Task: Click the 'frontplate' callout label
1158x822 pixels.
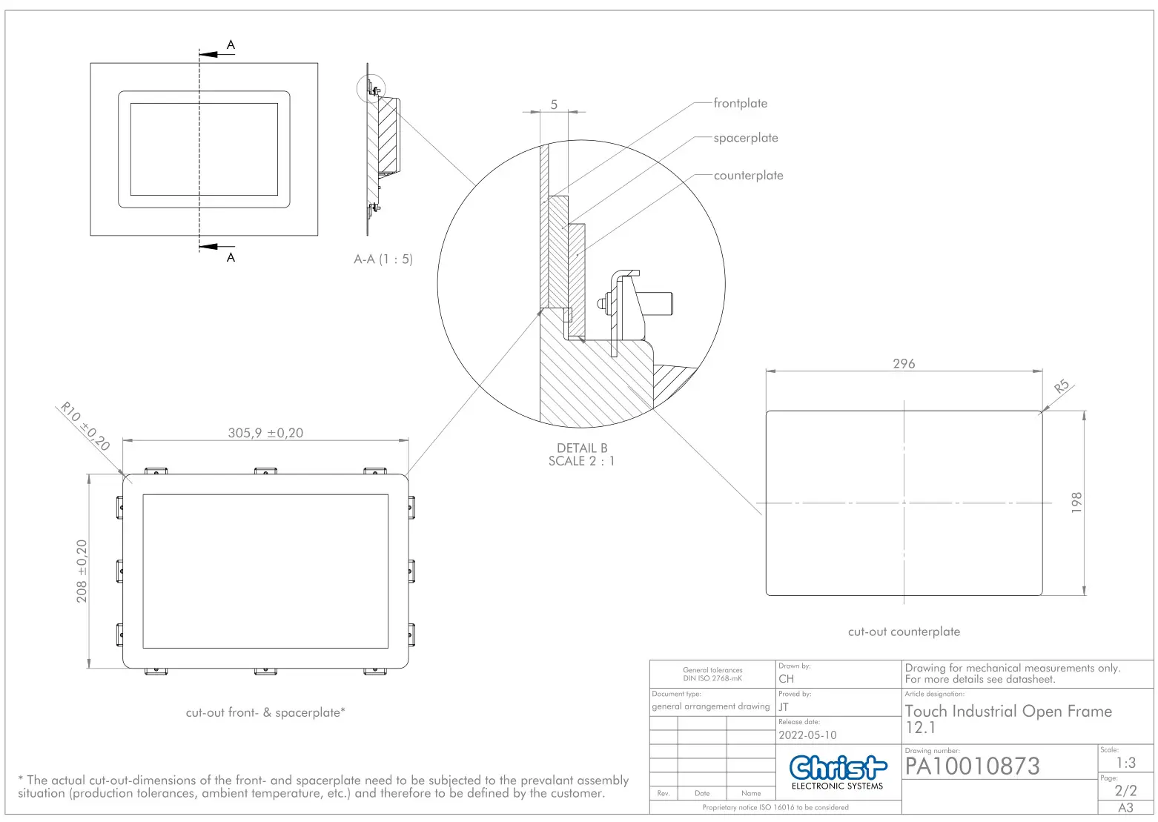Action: [x=740, y=104]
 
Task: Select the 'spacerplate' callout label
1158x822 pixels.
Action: [x=745, y=139]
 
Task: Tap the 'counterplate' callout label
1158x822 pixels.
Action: [x=748, y=176]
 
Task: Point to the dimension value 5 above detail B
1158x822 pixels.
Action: [x=554, y=105]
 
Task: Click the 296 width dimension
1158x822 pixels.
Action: [x=904, y=364]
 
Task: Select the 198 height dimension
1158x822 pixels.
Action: [x=1076, y=503]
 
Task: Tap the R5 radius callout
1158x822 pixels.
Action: [x=1062, y=387]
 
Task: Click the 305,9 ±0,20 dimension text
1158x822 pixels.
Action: [x=265, y=433]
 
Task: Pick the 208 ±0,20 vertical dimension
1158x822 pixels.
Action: [x=82, y=571]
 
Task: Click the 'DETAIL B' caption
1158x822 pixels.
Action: [x=582, y=448]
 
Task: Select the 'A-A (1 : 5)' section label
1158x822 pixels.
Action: [x=383, y=259]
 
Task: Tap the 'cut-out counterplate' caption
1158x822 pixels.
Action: [x=904, y=632]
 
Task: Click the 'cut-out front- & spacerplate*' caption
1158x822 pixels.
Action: [x=265, y=712]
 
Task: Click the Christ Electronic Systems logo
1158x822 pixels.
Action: [x=838, y=772]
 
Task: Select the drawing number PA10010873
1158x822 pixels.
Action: [x=972, y=766]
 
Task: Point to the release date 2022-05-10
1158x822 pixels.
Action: [x=807, y=735]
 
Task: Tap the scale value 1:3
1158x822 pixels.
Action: [x=1125, y=763]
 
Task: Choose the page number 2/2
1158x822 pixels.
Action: [x=1125, y=790]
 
